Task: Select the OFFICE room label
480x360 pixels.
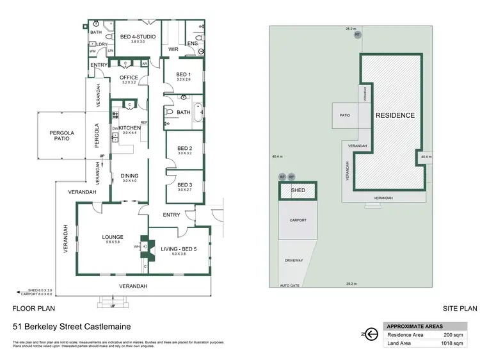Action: coord(129,78)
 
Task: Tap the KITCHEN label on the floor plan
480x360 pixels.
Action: coord(131,128)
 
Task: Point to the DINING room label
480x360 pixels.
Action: coord(130,176)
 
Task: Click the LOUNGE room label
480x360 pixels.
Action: coord(113,237)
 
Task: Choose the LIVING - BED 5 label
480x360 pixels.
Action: coord(179,250)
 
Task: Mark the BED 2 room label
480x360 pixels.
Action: coord(185,149)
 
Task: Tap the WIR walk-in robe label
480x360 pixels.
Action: coord(173,49)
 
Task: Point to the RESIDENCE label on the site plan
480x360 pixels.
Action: coord(395,116)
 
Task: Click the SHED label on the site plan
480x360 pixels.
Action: coord(298,190)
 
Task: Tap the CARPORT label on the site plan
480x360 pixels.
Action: coord(298,220)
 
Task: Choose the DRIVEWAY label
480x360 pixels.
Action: coord(294,260)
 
